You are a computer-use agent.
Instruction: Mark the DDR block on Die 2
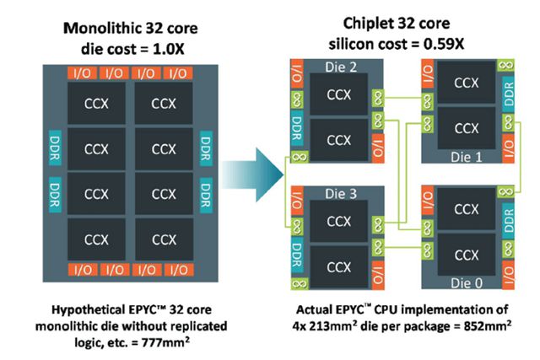(296, 128)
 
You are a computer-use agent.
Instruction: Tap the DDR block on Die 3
(296, 255)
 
